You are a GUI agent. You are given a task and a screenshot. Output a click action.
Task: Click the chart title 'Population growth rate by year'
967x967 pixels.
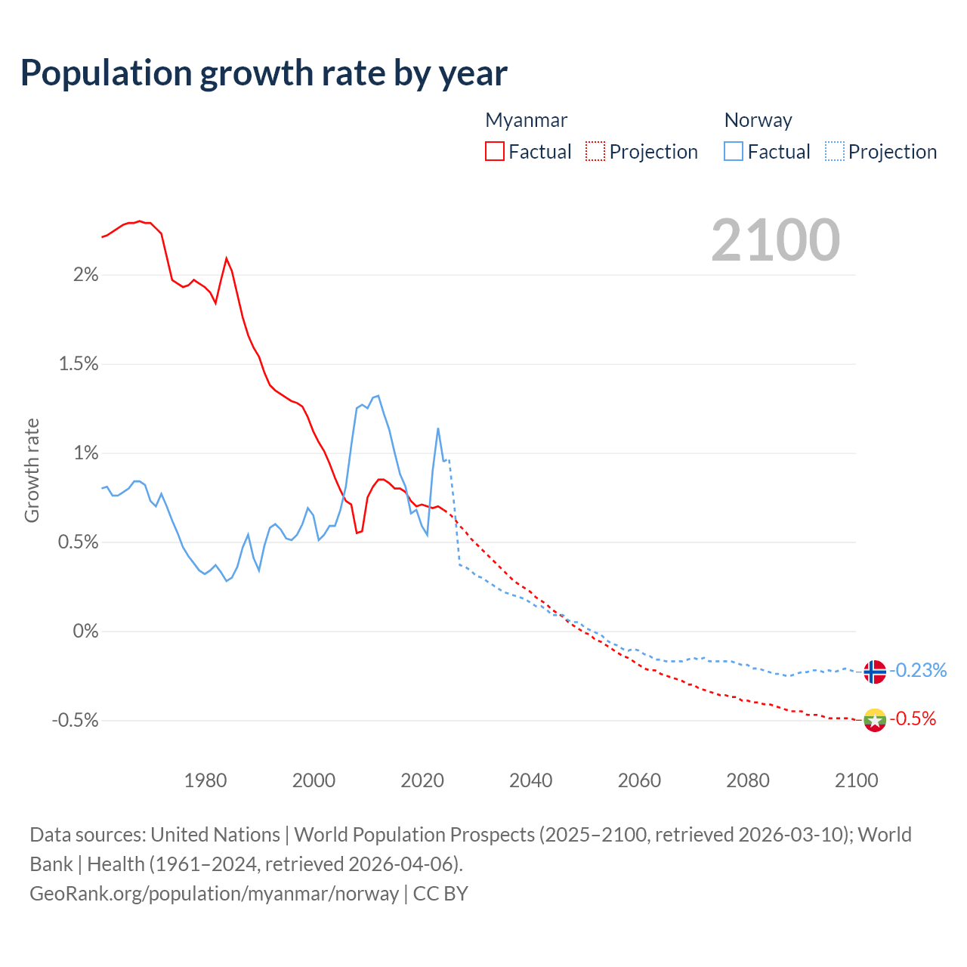[264, 73]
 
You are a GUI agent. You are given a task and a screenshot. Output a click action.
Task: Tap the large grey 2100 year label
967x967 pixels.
[775, 240]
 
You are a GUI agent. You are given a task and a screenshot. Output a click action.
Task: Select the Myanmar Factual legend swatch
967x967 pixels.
[495, 151]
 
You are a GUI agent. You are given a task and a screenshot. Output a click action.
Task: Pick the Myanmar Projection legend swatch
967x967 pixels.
[595, 151]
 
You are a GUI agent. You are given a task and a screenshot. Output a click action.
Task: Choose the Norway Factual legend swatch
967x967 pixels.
[734, 151]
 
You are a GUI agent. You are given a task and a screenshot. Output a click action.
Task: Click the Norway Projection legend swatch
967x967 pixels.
[834, 151]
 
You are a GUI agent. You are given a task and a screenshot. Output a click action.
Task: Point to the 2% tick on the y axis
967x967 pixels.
[85, 275]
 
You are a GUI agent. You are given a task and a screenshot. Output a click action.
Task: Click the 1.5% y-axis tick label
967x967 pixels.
[79, 364]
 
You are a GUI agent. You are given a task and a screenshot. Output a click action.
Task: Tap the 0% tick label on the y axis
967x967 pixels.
[85, 632]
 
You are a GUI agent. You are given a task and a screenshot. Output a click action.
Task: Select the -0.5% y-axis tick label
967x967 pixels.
[76, 721]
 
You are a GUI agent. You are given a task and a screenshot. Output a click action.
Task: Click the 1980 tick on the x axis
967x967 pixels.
[205, 780]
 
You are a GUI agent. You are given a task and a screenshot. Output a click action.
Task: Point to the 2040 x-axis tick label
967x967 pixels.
[531, 780]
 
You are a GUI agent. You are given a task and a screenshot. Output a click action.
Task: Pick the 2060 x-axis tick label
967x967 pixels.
[639, 780]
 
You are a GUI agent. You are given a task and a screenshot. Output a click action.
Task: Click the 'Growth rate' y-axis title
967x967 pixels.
[32, 470]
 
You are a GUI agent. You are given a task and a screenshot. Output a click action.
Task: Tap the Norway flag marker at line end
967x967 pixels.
[874, 672]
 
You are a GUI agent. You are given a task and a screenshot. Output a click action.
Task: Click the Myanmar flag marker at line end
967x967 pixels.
[874, 720]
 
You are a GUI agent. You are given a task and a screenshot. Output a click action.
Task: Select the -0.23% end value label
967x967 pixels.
[917, 670]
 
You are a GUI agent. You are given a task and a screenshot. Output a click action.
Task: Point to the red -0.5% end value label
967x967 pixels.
[913, 718]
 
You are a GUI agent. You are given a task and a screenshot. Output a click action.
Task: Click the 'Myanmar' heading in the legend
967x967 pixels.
[526, 120]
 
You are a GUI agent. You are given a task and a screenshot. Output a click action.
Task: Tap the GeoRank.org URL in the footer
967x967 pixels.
[214, 894]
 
